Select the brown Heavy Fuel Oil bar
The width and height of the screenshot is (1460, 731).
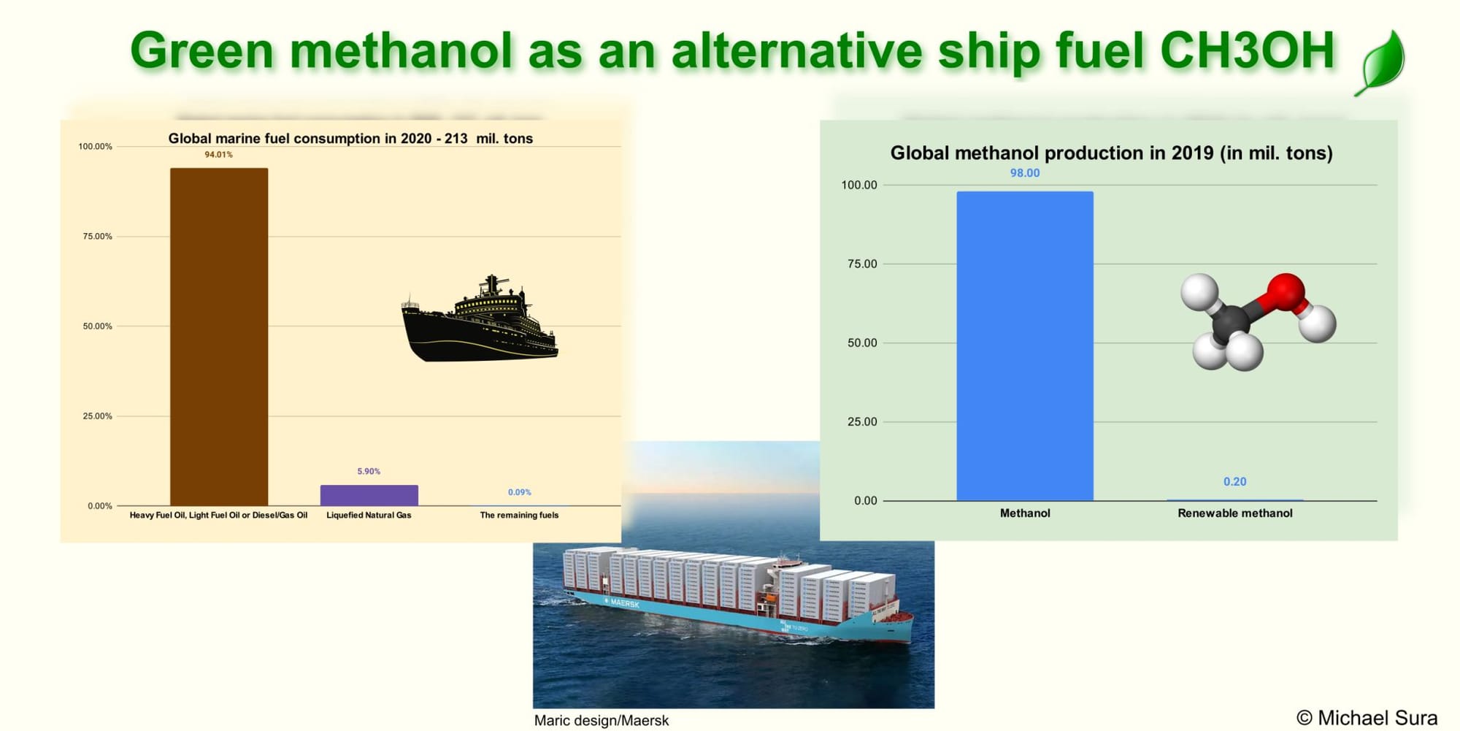pos(219,337)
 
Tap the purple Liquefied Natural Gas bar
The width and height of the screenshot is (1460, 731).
pos(369,495)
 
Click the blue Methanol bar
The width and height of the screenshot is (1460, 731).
pos(1025,346)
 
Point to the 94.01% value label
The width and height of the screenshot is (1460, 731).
pos(218,155)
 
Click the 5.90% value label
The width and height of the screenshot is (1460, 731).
pos(369,472)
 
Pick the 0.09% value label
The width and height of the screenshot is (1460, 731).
pos(519,492)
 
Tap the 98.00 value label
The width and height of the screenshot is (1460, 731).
pos(1025,173)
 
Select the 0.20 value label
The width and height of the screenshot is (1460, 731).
pos(1235,482)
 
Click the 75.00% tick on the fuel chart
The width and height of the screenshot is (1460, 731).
pos(98,237)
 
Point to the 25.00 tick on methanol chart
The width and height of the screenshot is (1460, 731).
pos(862,421)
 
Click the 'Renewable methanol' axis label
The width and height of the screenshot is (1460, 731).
pos(1235,513)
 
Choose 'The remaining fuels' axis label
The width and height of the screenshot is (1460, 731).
pos(519,516)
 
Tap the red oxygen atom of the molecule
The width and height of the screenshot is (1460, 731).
pos(1286,293)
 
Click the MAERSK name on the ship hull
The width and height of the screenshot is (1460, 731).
pos(625,603)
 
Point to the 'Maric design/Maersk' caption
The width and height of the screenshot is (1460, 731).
pos(602,721)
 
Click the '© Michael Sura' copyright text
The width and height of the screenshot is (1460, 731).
pos(1367,719)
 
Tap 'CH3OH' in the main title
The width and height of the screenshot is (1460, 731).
pos(1247,51)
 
